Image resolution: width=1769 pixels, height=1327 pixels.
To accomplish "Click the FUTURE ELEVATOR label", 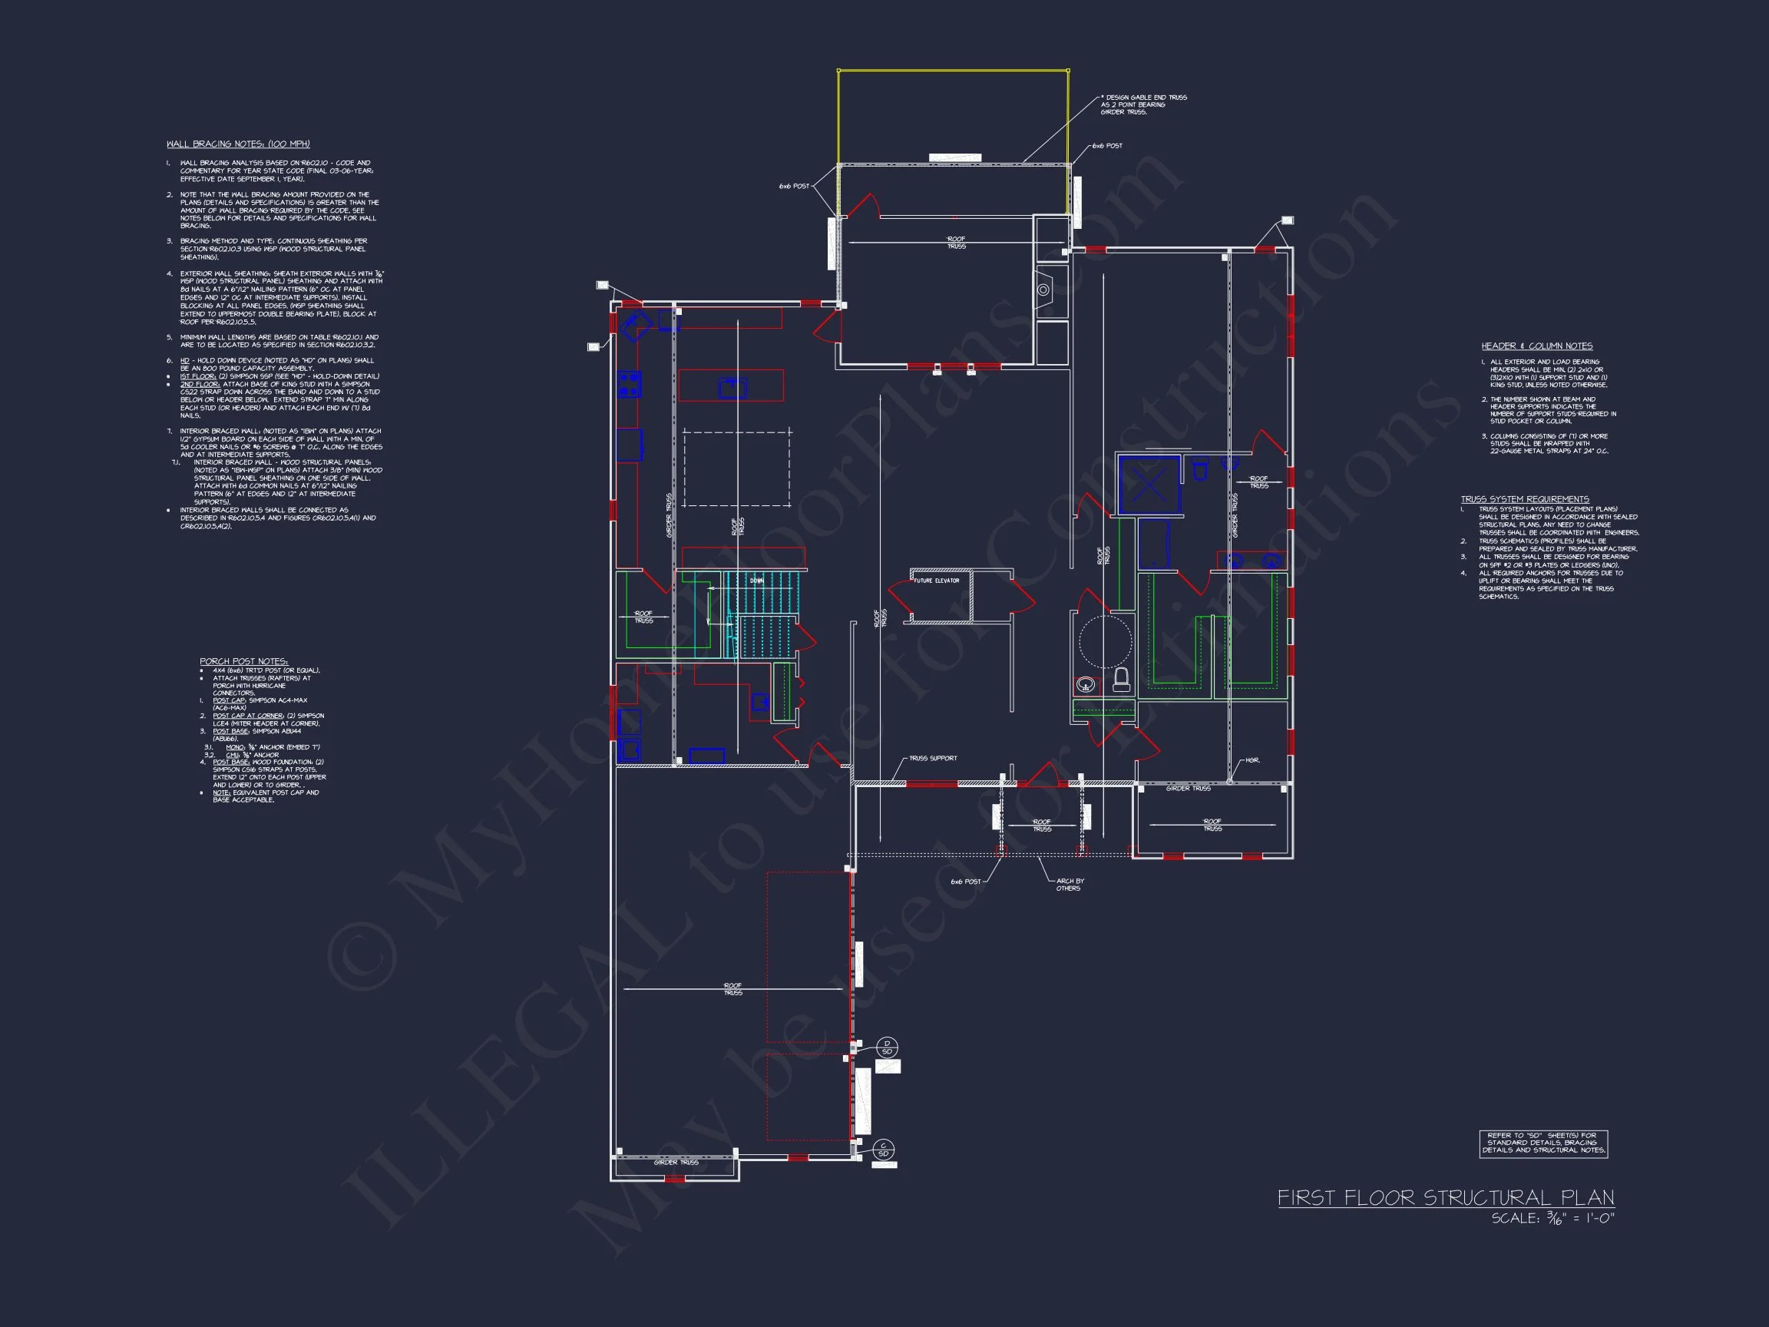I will tap(937, 581).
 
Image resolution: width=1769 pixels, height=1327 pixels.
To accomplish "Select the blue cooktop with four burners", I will tap(629, 384).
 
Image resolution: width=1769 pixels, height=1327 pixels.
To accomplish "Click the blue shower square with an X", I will tap(1149, 484).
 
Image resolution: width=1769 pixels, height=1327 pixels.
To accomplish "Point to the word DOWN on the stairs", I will tap(756, 581).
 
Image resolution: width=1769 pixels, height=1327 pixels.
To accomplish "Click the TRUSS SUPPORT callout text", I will tap(932, 758).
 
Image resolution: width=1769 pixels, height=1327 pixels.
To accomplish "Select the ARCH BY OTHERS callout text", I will tap(1070, 885).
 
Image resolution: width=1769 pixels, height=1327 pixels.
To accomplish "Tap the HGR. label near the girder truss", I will tap(1252, 760).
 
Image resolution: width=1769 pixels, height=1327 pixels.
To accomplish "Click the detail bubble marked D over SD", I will tap(886, 1047).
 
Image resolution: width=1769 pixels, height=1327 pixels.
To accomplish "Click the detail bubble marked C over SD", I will tap(883, 1150).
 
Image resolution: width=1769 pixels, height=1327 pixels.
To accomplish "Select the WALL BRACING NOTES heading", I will tap(237, 144).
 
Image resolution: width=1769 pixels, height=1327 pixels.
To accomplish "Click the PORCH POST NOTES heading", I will tap(243, 661).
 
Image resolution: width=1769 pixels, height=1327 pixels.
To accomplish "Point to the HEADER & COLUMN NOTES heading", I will tap(1536, 346).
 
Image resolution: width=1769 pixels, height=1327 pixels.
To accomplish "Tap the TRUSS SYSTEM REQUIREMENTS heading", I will tap(1524, 499).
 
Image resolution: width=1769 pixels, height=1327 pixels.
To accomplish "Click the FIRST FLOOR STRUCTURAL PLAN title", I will tap(1445, 1198).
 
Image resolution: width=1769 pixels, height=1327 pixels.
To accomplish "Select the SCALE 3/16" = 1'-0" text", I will tap(1552, 1219).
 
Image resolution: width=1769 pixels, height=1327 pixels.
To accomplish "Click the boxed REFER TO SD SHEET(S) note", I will tap(1543, 1143).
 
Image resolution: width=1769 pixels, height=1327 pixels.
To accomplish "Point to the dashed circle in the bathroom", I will tap(1105, 641).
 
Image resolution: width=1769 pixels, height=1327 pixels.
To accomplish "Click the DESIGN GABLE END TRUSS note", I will tap(1142, 104).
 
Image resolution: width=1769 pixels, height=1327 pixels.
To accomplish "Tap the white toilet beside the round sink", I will tap(1121, 680).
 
